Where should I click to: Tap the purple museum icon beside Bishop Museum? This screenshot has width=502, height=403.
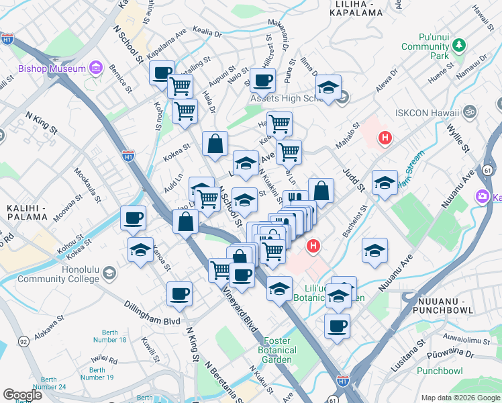point(95,68)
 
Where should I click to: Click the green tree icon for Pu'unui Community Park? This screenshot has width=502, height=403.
point(459,46)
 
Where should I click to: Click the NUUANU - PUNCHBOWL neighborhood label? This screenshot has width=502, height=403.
point(445,305)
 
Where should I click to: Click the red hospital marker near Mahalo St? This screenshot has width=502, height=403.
point(385,138)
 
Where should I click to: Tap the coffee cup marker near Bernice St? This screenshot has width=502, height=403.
point(162,73)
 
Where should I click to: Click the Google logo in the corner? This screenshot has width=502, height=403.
point(22,395)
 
